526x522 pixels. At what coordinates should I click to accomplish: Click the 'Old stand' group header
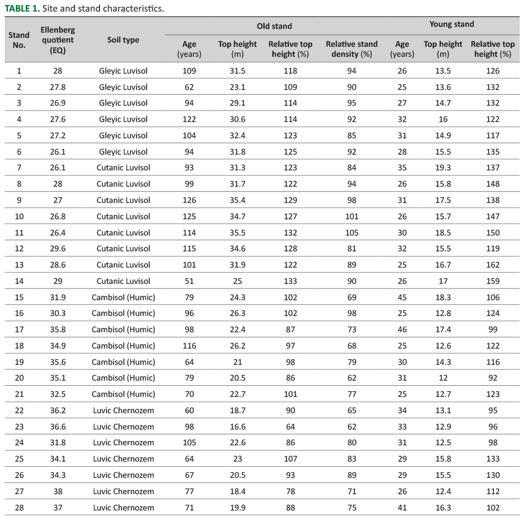[274, 26]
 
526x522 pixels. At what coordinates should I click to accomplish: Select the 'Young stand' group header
[451, 24]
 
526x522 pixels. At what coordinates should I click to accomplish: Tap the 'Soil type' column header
[123, 40]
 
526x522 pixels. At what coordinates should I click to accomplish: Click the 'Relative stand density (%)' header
[352, 49]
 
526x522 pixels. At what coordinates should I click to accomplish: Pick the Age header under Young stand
[402, 49]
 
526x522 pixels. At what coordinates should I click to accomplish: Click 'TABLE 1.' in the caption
[22, 8]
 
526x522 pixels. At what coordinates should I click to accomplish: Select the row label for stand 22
[19, 410]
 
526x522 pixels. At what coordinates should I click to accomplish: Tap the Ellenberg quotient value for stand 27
[57, 491]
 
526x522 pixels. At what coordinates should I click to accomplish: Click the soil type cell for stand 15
[123, 297]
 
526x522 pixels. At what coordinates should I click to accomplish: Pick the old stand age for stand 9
[189, 200]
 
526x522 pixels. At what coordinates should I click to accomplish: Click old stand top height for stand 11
[237, 232]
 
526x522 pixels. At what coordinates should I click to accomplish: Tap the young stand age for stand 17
[402, 329]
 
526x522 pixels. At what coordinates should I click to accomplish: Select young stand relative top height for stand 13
[493, 264]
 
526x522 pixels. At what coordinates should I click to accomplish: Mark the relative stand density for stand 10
[352, 216]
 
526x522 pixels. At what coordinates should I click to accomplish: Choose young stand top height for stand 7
[443, 167]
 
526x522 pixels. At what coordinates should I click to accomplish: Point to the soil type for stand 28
[123, 507]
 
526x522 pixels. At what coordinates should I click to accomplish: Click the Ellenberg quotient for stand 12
[57, 248]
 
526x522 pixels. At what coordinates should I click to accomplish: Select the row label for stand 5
[19, 135]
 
